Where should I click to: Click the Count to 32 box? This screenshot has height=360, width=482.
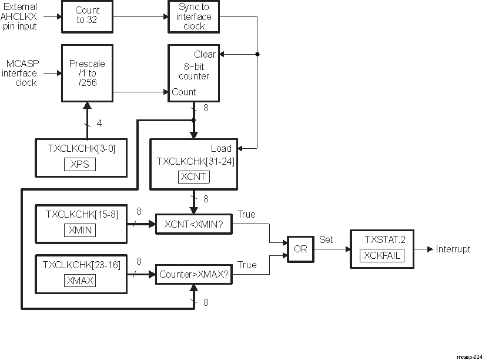[x=88, y=15]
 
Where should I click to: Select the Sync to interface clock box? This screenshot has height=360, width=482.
[x=193, y=16]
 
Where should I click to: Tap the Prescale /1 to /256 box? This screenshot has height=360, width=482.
[x=87, y=74]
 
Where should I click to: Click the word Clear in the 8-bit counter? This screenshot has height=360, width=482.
[x=205, y=55]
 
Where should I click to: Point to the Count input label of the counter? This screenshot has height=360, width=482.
[x=184, y=92]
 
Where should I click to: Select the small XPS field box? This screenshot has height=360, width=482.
[x=79, y=164]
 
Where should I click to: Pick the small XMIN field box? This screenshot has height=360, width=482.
[x=80, y=230]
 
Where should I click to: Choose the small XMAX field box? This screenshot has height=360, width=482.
[x=81, y=281]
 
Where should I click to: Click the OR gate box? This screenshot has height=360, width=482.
[x=300, y=249]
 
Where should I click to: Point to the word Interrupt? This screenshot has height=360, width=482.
[x=453, y=249]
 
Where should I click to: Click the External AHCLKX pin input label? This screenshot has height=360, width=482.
[x=21, y=16]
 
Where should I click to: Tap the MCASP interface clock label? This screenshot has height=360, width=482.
[x=22, y=74]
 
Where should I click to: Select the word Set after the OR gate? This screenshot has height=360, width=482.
[x=326, y=240]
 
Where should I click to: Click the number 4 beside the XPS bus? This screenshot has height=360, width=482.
[x=98, y=124]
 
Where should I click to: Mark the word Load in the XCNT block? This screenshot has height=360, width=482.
[x=221, y=149]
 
